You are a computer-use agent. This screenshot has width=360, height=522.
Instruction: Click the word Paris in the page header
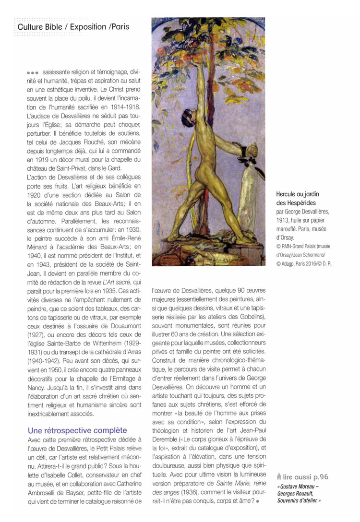pos(118,28)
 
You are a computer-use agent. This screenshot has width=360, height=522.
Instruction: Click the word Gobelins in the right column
pos(229,317)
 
